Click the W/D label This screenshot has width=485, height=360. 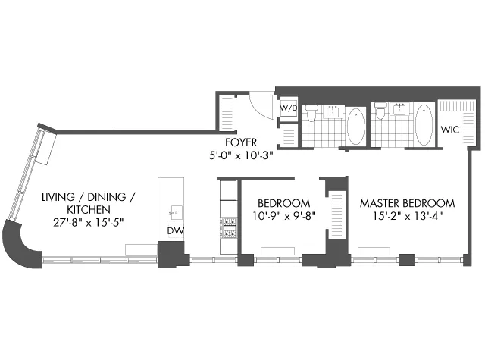pos(287,109)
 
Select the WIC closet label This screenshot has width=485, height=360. pos(451,128)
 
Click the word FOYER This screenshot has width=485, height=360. pos(242,142)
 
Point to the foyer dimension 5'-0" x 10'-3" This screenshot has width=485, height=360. pos(242,157)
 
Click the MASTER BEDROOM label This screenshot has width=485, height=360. pos(407,203)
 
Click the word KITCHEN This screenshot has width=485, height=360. pos(88,209)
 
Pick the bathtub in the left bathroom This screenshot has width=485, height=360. pos(355,126)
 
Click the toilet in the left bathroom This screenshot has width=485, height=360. pos(311,114)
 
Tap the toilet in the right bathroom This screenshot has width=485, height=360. pos(380,114)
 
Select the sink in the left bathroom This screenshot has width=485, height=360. pos(333,111)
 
